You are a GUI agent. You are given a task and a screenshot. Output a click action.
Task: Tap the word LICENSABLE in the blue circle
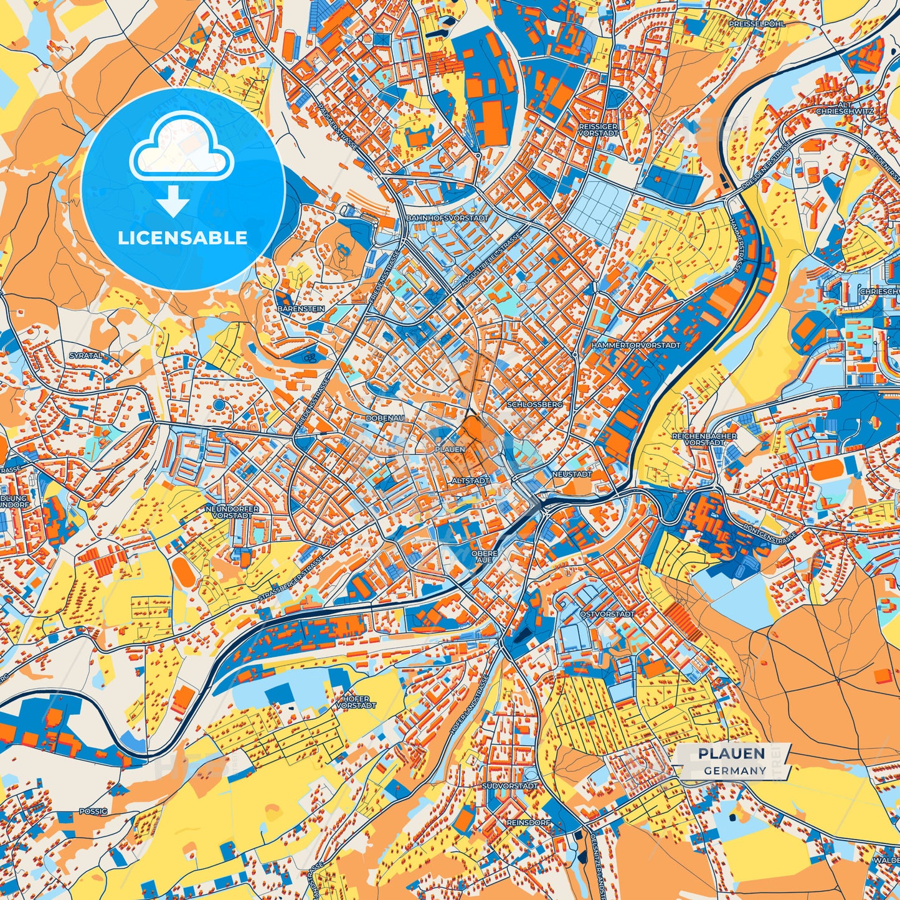pyautogui.click(x=182, y=238)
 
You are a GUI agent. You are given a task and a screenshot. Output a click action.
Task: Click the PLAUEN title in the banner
pyautogui.click(x=731, y=754)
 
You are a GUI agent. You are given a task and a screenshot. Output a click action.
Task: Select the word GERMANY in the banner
pyautogui.click(x=735, y=770)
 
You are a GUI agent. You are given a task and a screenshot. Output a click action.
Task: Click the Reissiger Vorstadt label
pyautogui.click(x=598, y=130)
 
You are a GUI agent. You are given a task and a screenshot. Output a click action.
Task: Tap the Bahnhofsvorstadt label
pyautogui.click(x=447, y=219)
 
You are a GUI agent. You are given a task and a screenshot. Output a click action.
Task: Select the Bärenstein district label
pyautogui.click(x=301, y=308)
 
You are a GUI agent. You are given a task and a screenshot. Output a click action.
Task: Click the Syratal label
pyautogui.click(x=85, y=356)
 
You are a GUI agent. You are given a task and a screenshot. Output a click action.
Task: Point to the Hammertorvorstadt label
pyautogui.click(x=636, y=344)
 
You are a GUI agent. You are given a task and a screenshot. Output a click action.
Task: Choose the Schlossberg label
pyautogui.click(x=535, y=404)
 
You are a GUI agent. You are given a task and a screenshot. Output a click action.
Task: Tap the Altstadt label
pyautogui.click(x=470, y=481)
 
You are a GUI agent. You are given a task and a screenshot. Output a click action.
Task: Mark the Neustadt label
pyautogui.click(x=572, y=474)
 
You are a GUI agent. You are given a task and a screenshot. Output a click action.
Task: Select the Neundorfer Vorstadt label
pyautogui.click(x=232, y=512)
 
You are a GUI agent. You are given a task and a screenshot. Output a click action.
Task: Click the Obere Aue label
pyautogui.click(x=484, y=556)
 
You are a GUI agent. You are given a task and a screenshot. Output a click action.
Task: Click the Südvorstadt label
pyautogui.click(x=509, y=786)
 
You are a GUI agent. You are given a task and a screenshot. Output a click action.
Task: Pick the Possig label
pyautogui.click(x=93, y=812)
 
